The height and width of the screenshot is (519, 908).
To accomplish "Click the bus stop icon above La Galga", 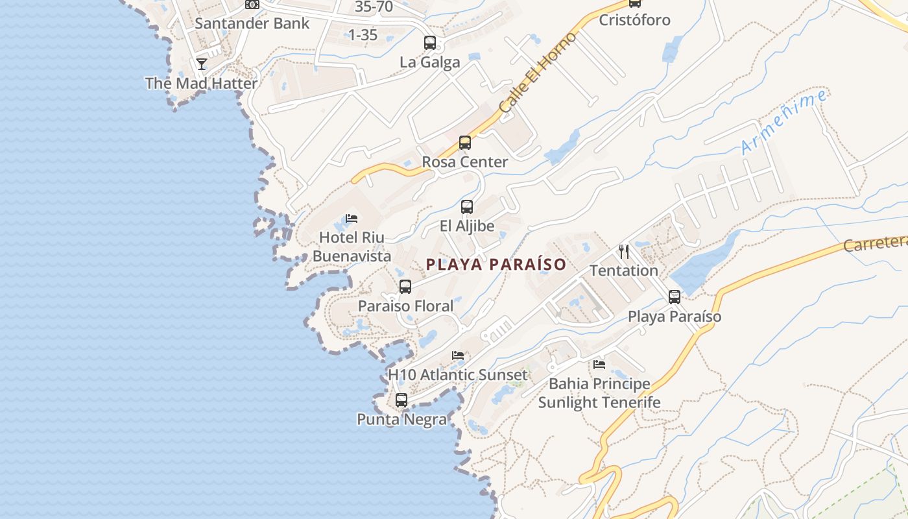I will [429, 43].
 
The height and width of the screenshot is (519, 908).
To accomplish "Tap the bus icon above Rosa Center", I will [464, 143].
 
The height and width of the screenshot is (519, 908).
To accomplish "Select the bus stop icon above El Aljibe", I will [466, 207].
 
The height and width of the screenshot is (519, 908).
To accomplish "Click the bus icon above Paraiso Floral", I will [405, 286].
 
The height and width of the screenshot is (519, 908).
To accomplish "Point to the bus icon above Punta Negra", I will [401, 400].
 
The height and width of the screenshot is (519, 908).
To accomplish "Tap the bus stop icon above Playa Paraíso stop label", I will [675, 297].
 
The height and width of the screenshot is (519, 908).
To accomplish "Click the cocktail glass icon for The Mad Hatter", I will [202, 64].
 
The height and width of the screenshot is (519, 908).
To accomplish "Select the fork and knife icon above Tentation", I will [624, 251].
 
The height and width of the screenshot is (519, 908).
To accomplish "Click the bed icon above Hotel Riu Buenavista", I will [352, 218].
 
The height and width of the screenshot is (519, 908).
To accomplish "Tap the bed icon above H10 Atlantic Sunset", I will [458, 356].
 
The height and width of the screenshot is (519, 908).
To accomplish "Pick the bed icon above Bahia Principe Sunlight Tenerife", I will [599, 365].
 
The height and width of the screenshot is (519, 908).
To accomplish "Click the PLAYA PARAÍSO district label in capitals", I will [496, 265].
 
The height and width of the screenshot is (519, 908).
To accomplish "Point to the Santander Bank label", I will [252, 23].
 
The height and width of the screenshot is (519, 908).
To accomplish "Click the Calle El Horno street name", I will [538, 73].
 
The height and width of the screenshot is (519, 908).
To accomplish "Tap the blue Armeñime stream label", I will [784, 122].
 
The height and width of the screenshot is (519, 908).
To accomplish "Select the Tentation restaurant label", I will [624, 271].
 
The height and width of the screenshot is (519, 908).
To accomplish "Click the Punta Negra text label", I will [402, 420].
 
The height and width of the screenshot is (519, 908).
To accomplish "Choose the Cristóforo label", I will [634, 19].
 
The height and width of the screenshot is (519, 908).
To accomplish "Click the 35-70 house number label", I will [374, 7].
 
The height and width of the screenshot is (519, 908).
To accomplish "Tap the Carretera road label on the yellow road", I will [875, 243].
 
